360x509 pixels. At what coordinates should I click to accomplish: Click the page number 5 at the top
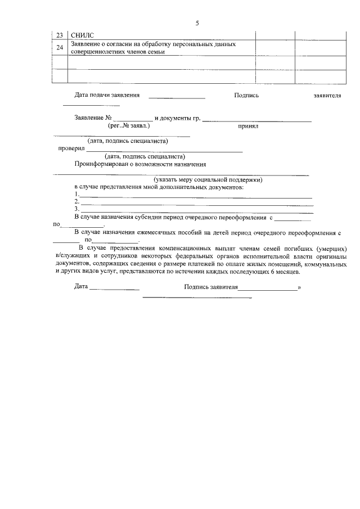point(197,23)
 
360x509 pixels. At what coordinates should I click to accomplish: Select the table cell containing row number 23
point(60,35)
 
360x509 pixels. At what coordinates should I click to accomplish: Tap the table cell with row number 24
point(60,48)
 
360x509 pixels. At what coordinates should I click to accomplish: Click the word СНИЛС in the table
point(82,35)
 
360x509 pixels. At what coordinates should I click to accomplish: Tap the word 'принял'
point(247,127)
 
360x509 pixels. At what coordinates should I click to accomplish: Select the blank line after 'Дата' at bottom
point(114,289)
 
